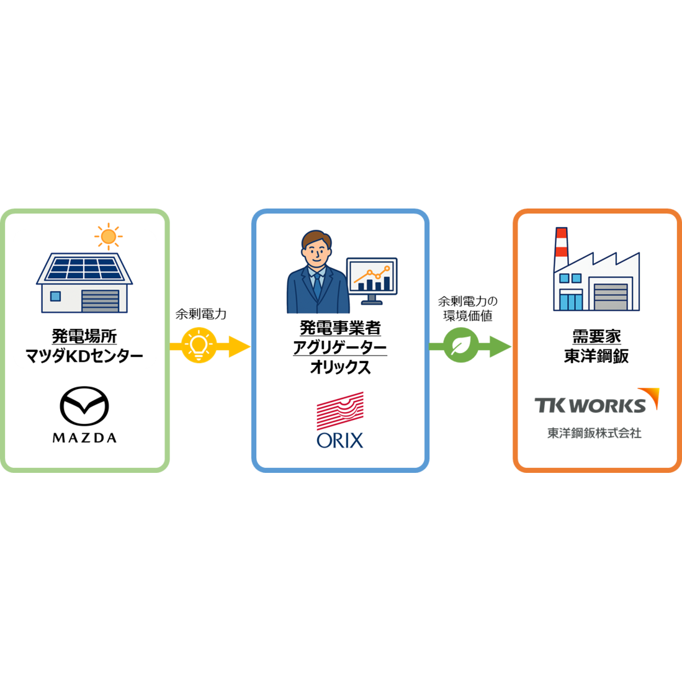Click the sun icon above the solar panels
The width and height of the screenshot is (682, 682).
coord(109,236)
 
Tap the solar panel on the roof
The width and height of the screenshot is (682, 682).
coord(84,268)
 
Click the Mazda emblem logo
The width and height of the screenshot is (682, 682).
coord(84,406)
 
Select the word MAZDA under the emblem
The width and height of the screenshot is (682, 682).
coord(84,437)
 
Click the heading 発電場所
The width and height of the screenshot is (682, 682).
coord(84,336)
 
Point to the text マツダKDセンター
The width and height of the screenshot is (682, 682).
coord(84,356)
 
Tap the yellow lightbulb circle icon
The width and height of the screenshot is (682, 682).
coord(199,346)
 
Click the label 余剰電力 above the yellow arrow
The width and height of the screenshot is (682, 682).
coord(201,314)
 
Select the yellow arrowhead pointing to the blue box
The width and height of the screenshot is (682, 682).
coord(239,346)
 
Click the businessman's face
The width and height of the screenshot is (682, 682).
coord(317,249)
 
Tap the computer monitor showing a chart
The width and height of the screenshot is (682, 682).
coord(372,280)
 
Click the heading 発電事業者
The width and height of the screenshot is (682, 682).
coord(340,328)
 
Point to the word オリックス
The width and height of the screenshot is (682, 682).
coord(340,367)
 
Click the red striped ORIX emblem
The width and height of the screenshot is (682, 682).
coord(340,411)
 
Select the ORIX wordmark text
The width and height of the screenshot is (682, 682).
coord(340,441)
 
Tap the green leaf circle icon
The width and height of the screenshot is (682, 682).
coord(461,346)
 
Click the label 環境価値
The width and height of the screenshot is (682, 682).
coord(467,316)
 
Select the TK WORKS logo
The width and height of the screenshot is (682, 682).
coord(597,401)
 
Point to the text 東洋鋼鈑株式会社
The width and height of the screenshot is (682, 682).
coord(594,433)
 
